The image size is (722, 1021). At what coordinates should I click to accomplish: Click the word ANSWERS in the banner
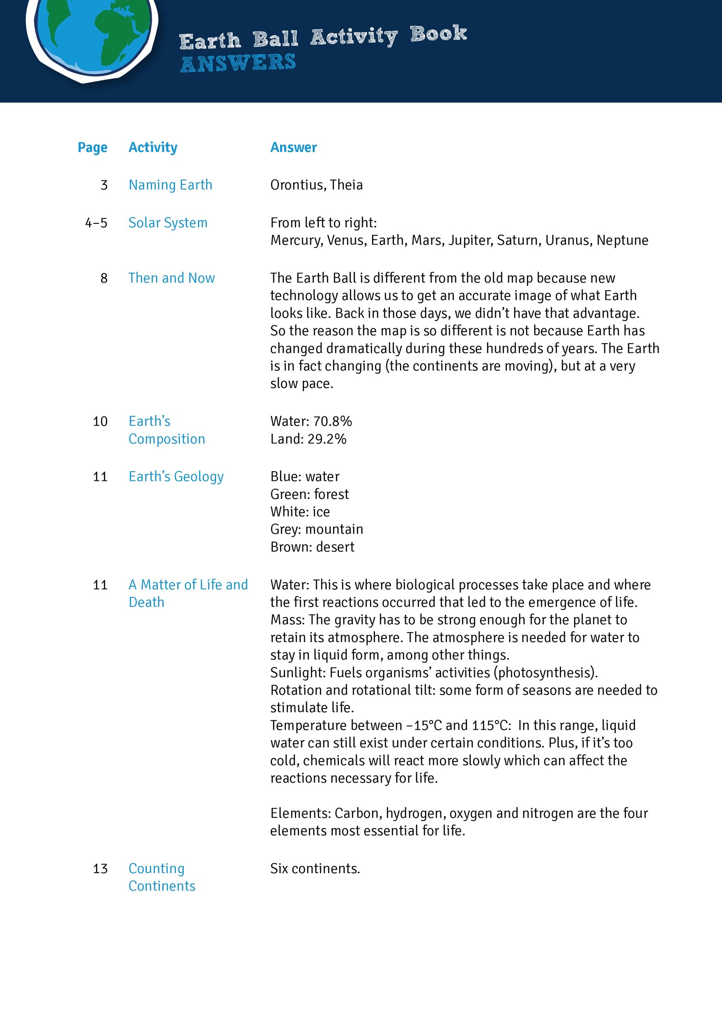click(x=238, y=63)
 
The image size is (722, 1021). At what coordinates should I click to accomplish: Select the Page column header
click(x=92, y=147)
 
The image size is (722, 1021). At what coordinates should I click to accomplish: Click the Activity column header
click(x=153, y=147)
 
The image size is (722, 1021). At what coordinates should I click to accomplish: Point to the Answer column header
click(x=293, y=147)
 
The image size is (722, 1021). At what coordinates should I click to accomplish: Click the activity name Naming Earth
click(x=170, y=185)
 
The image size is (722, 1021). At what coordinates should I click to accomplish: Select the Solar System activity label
click(x=168, y=223)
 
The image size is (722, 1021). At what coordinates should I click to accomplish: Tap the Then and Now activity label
click(x=171, y=278)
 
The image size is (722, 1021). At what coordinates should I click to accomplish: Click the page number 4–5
click(x=96, y=223)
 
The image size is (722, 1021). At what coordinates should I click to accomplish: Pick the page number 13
click(x=100, y=869)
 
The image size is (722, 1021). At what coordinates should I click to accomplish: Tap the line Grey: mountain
click(x=316, y=530)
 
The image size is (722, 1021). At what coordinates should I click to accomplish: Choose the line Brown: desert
click(x=312, y=547)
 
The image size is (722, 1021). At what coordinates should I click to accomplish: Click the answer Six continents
click(x=315, y=869)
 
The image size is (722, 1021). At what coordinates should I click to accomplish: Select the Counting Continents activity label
click(x=162, y=878)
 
